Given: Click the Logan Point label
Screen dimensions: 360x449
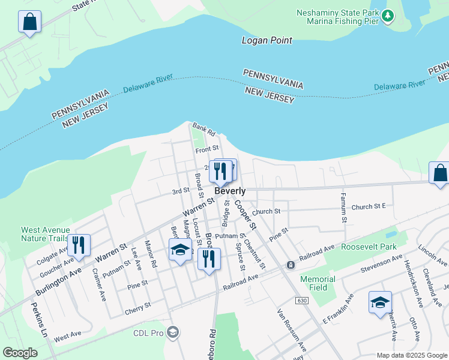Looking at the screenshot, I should (267, 41).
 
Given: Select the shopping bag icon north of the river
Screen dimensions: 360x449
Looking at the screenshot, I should (29, 23).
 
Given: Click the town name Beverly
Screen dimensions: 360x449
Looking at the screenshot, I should (230, 191).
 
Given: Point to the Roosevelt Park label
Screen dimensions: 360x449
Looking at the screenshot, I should (369, 247).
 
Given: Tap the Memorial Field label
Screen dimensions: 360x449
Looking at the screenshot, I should (318, 283).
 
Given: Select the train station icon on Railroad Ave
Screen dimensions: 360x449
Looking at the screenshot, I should (291, 265).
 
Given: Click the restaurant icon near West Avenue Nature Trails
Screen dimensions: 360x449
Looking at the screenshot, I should (79, 245).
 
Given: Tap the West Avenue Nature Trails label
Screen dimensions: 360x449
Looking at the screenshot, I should (45, 234).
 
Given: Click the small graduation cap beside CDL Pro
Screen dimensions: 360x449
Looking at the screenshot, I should (173, 332).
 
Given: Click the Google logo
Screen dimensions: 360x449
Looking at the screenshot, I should (20, 352).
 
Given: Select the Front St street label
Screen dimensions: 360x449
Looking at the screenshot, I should (207, 148).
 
